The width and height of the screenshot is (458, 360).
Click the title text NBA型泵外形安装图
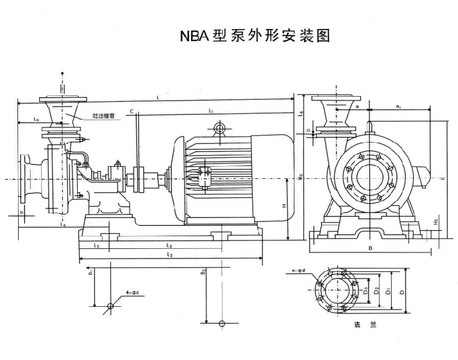click(255, 36)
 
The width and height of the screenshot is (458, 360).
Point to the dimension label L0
click(37, 121)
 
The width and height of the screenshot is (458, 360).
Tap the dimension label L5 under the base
click(97, 246)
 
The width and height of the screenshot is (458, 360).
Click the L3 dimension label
click(169, 246)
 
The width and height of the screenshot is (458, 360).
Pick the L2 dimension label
click(170, 256)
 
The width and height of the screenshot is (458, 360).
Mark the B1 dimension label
click(90, 273)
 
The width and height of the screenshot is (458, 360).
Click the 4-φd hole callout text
click(132, 293)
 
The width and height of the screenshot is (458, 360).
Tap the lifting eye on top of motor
click(218, 129)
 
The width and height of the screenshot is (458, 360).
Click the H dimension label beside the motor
click(284, 205)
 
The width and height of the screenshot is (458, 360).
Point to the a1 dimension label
click(398, 106)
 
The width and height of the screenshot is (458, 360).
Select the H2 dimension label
click(436, 222)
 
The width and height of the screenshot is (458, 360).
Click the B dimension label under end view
click(371, 248)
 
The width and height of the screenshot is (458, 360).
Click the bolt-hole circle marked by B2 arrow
click(221, 323)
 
